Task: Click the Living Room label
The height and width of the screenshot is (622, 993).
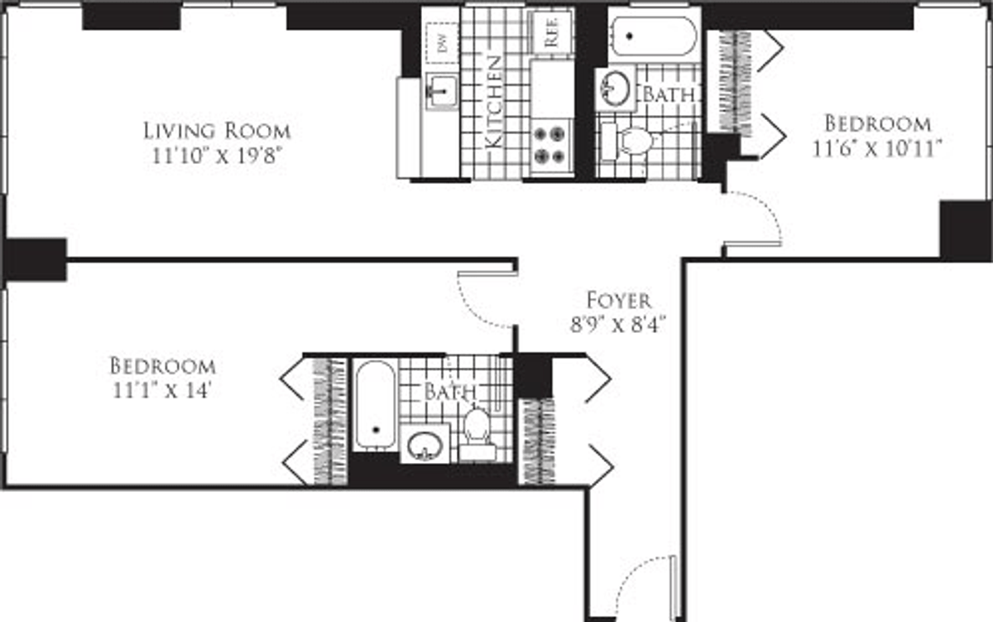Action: [x=217, y=131]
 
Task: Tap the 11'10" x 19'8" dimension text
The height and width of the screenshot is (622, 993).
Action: [x=217, y=156]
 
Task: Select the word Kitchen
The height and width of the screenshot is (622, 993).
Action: [x=494, y=102]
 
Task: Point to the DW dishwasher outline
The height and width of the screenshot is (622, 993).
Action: [x=442, y=43]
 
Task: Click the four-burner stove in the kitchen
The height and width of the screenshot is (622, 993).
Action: [x=549, y=144]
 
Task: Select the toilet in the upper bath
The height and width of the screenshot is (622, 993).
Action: [x=627, y=141]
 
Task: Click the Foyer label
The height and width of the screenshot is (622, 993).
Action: [x=619, y=301]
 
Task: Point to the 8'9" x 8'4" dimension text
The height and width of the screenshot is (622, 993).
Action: [x=618, y=325]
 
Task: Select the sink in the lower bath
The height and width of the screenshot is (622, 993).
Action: [x=425, y=445]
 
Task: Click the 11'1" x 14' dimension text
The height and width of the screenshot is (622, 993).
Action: [x=161, y=391]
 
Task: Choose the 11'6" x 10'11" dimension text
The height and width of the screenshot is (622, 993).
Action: [x=876, y=148]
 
